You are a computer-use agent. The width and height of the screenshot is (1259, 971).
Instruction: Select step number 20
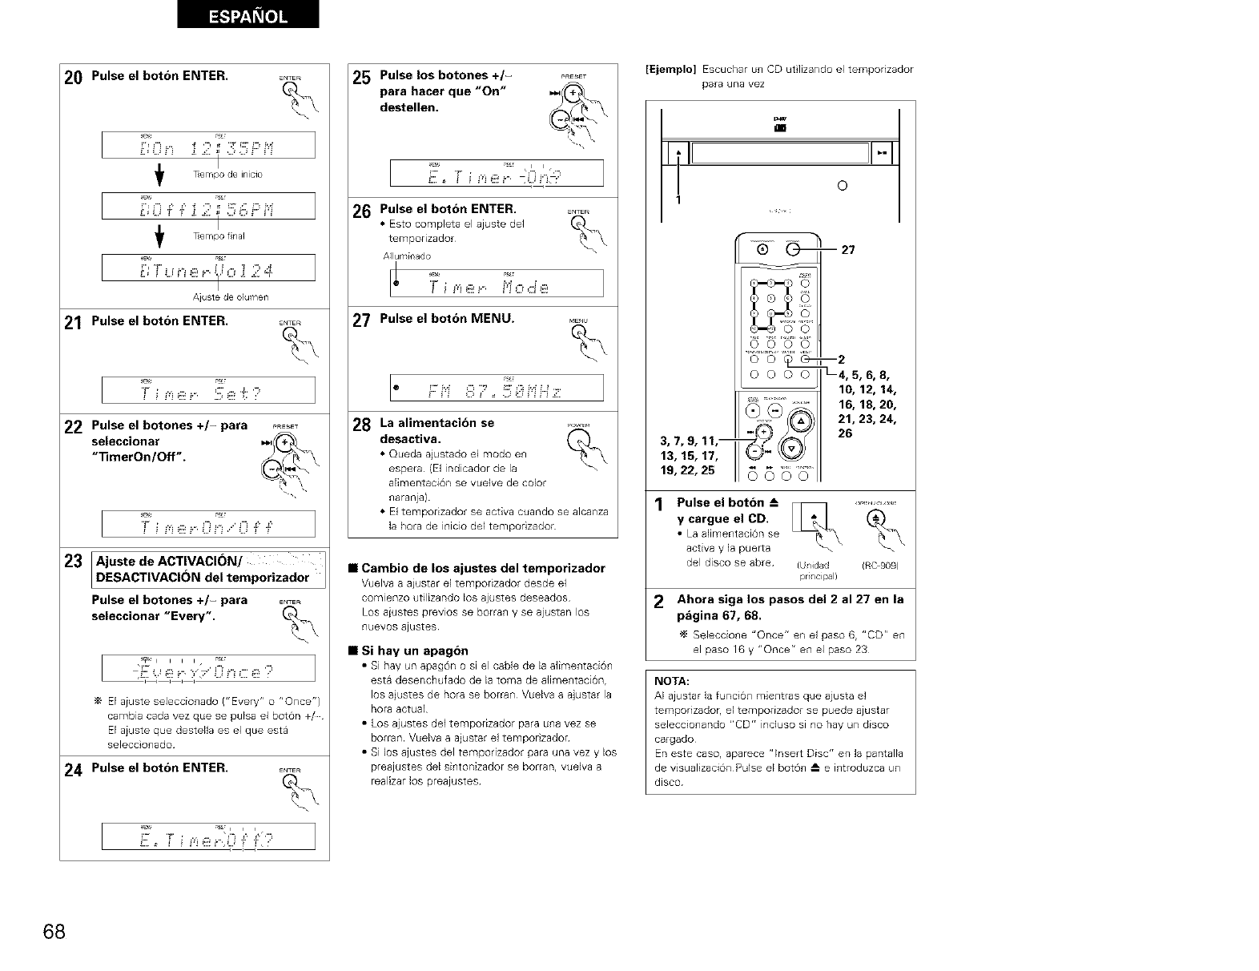click(73, 79)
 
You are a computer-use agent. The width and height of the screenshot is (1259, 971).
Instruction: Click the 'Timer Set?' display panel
click(208, 390)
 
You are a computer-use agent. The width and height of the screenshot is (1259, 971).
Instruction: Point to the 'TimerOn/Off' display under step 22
click(208, 524)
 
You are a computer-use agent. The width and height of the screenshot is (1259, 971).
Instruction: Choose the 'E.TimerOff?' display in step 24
click(208, 836)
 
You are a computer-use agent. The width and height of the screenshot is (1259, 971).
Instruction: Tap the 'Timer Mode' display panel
click(497, 284)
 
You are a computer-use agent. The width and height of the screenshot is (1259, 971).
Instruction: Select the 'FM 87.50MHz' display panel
click(497, 388)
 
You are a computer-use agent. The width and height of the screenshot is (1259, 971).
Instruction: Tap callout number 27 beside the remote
click(849, 250)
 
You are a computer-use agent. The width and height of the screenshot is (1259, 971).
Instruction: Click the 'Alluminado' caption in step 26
click(407, 256)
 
